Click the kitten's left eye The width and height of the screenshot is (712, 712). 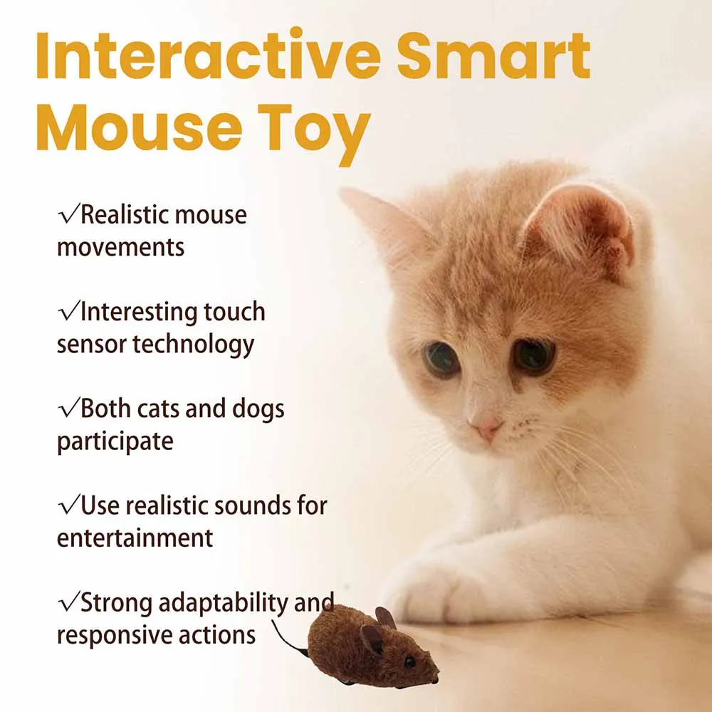[x=442, y=360]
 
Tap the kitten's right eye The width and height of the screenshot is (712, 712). [x=534, y=354]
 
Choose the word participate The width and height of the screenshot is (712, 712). [x=115, y=441]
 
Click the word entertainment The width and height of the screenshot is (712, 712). [x=135, y=538]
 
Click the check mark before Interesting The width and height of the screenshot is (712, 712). [x=68, y=312]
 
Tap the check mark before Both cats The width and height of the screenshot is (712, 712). [x=68, y=409]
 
